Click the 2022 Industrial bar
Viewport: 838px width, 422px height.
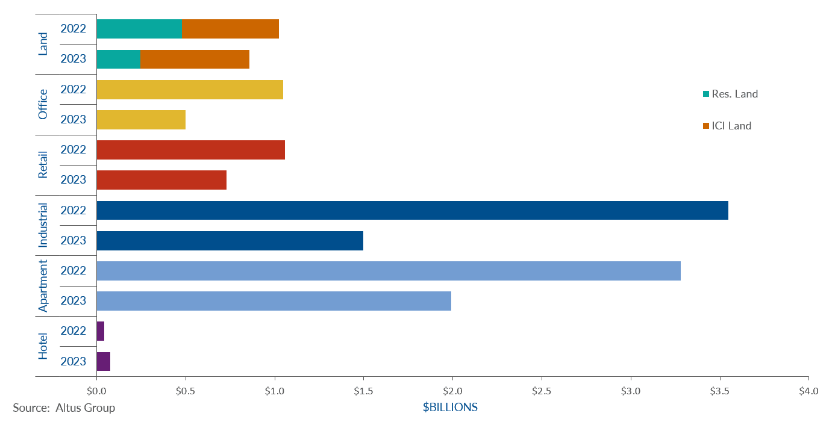[x=412, y=210]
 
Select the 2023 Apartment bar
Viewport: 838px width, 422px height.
[x=274, y=300]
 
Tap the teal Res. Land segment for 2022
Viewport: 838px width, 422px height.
[x=139, y=29]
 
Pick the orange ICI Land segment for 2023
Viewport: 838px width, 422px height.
[x=195, y=59]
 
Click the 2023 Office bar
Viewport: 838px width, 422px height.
[x=141, y=119]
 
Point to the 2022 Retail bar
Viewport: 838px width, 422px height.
[x=190, y=149]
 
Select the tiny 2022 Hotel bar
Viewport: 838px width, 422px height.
[x=100, y=330]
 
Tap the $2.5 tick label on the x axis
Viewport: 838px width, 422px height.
[x=542, y=391]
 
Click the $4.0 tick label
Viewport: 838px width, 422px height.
[x=808, y=391]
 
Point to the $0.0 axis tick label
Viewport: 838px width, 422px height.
[x=96, y=391]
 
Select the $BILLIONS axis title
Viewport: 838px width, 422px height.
[x=450, y=408]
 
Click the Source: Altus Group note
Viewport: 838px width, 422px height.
[x=64, y=408]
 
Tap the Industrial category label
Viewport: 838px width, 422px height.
[x=43, y=225]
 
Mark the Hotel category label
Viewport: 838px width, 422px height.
[x=43, y=346]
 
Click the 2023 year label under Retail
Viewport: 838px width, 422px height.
[x=73, y=179]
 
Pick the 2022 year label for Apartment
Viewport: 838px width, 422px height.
[x=73, y=270]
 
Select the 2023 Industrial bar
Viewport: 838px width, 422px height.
[x=230, y=240]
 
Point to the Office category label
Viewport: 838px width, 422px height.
[x=43, y=104]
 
